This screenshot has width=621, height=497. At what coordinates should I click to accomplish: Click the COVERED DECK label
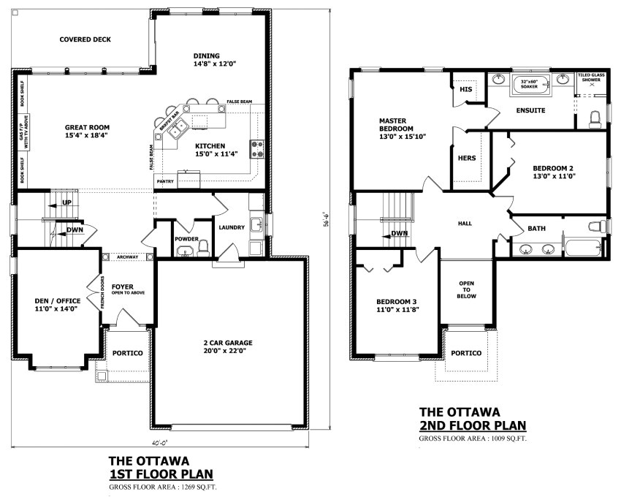click(85, 39)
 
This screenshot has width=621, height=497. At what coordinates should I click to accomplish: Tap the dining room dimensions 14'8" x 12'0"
click(215, 64)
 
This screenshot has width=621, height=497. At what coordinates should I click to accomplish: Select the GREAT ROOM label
click(86, 126)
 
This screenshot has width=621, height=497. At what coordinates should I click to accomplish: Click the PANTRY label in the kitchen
click(165, 181)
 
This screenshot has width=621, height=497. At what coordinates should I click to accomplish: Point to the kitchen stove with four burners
click(256, 149)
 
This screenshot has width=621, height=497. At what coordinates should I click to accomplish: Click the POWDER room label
click(186, 239)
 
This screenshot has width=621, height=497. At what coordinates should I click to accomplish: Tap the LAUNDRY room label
click(232, 227)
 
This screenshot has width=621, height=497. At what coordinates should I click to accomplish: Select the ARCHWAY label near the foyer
click(127, 257)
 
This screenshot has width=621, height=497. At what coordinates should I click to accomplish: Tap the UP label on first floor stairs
click(67, 202)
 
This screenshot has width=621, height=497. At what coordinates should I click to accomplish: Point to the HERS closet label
click(466, 158)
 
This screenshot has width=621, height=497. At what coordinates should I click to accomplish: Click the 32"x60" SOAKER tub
click(529, 83)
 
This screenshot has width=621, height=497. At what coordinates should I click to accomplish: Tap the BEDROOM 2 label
click(555, 171)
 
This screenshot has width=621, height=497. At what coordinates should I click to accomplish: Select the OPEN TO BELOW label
click(467, 289)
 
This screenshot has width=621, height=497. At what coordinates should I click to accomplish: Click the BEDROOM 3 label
click(397, 306)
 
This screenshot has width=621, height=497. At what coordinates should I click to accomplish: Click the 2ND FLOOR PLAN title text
click(472, 425)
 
